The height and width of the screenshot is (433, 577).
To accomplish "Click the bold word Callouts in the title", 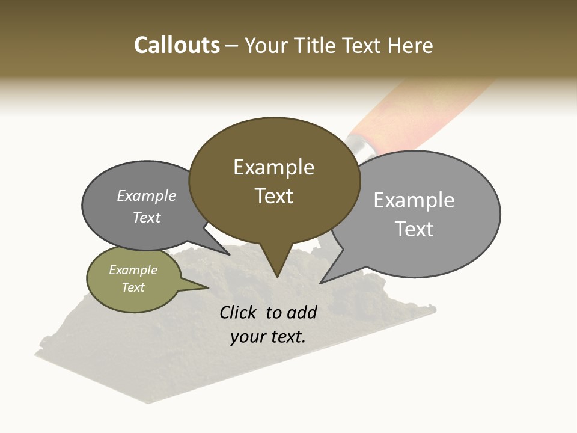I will [177, 45].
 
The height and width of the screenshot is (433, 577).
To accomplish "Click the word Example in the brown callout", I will [273, 167].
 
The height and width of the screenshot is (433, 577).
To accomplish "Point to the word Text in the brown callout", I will [273, 196].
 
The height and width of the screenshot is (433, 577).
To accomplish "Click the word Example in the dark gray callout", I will [147, 195].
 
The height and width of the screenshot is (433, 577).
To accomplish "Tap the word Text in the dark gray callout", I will [147, 217].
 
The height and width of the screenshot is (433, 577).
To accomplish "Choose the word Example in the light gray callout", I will [414, 200].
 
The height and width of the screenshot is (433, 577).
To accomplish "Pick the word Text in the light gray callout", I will [414, 229].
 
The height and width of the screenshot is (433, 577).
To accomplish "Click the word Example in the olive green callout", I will [133, 270].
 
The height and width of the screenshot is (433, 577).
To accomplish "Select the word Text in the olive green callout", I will [133, 287].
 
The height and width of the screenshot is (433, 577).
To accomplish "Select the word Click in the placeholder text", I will [239, 312].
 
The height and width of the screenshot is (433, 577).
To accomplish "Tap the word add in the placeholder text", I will [301, 312].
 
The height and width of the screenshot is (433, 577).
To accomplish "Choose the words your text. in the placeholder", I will [268, 337].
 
